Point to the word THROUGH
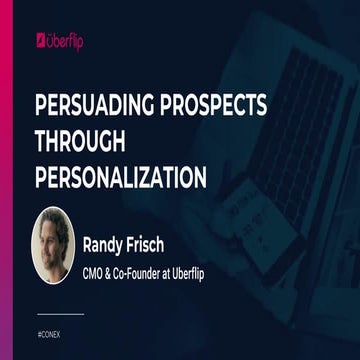click(74, 143)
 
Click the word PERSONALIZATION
click(120, 178)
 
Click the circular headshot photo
click(53, 244)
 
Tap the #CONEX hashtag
click(48, 328)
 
